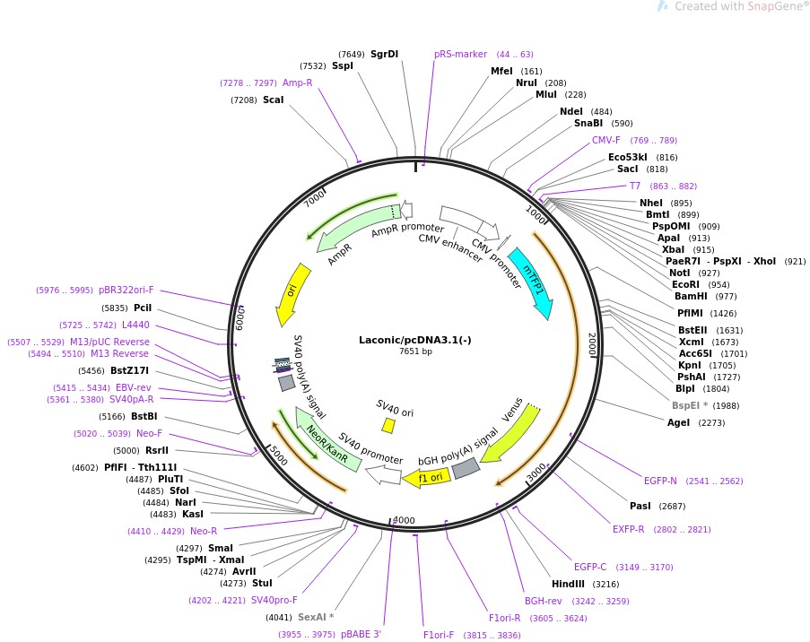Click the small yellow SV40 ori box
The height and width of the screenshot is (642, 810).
coord(388,424)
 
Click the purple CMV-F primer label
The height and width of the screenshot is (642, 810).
coord(605,140)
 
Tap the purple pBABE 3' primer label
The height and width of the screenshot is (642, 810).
coord(361,634)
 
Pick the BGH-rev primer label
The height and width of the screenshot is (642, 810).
coord(543,601)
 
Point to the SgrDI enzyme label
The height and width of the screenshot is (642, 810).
coord(384,54)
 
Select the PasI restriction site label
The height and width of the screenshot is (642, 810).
coord(640,506)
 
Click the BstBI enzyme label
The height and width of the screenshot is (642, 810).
coord(144,416)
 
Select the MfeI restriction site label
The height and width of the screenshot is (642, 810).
coord(501,71)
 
